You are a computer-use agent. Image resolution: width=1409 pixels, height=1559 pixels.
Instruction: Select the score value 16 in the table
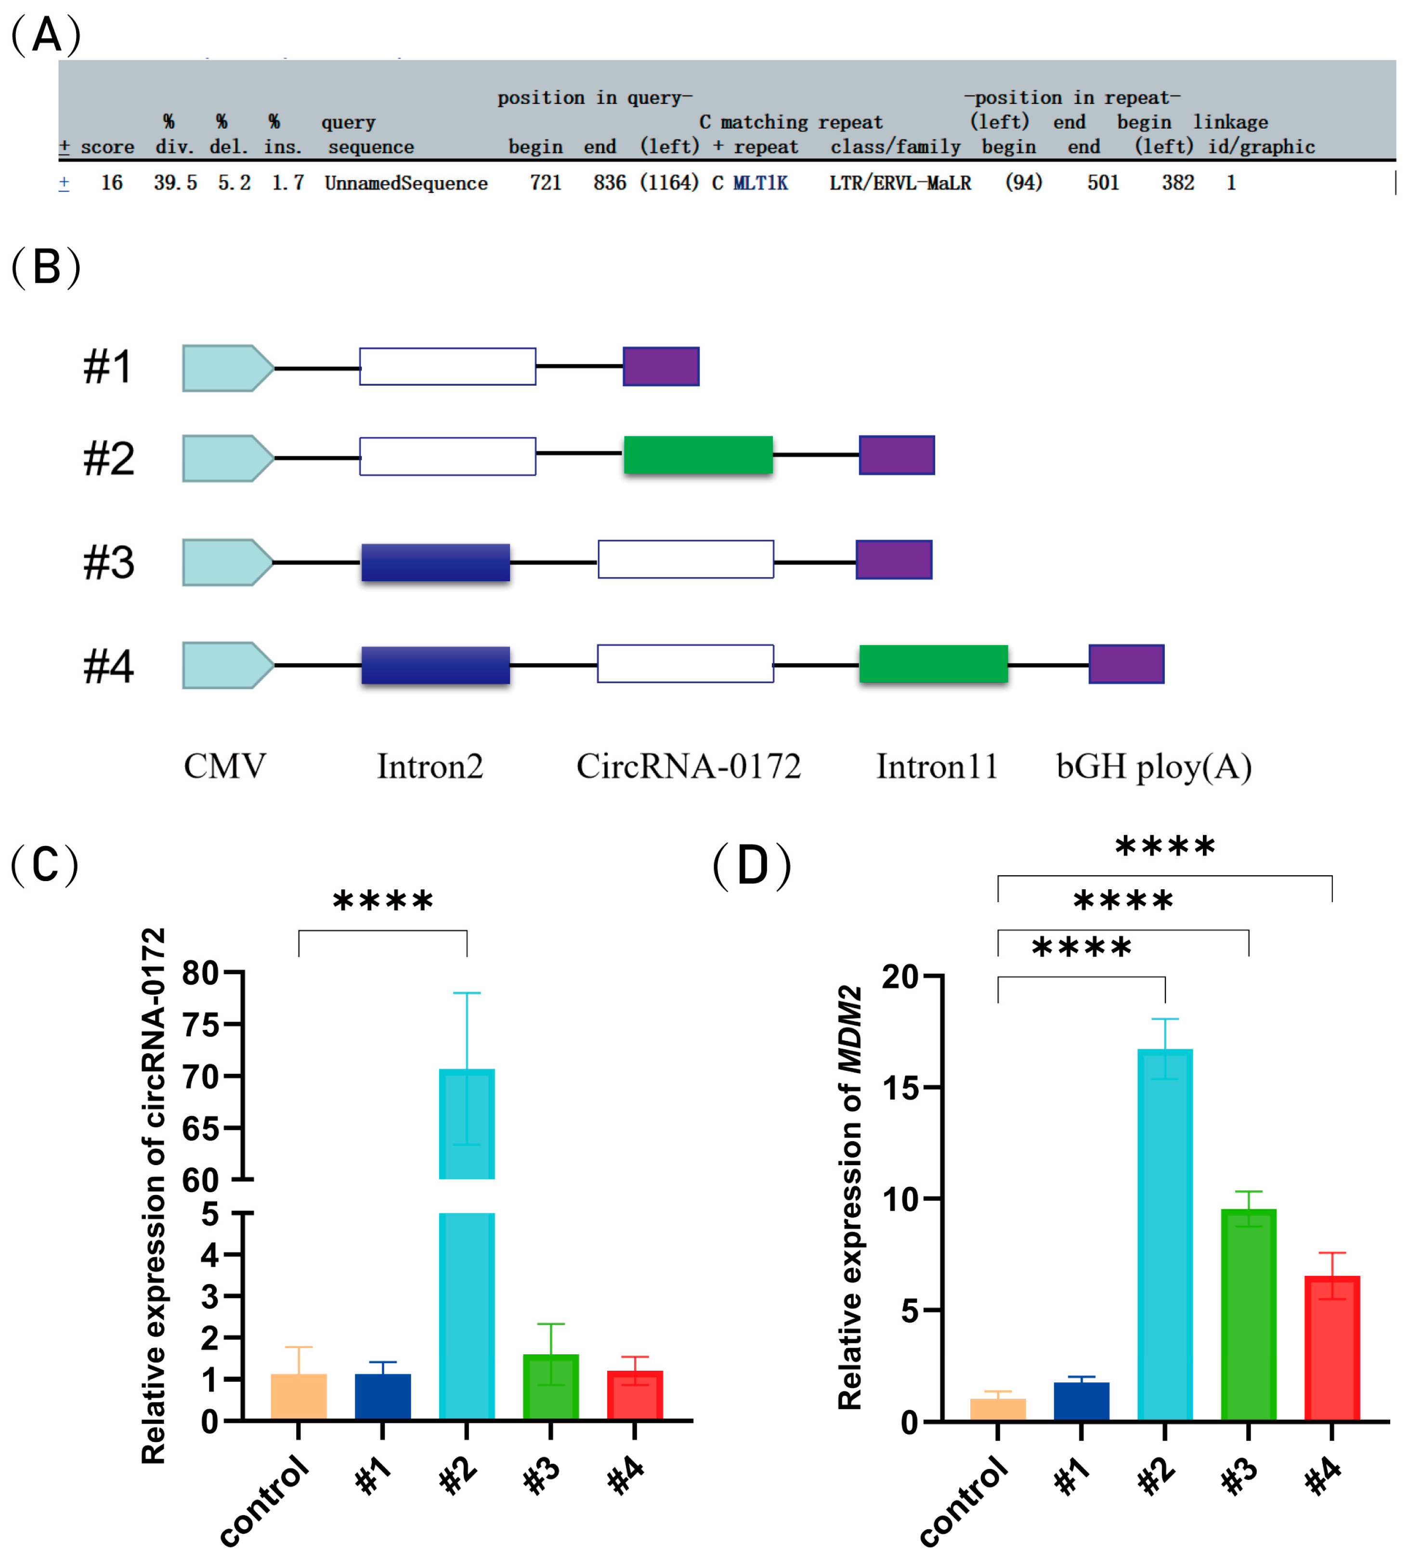pyautogui.click(x=111, y=183)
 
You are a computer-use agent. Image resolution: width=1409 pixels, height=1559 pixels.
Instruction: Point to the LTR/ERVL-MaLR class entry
pyautogui.click(x=900, y=183)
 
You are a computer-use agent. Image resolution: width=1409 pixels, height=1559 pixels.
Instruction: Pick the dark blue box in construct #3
pyautogui.click(x=435, y=562)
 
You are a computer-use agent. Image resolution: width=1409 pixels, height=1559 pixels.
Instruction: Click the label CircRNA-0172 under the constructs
pyautogui.click(x=688, y=767)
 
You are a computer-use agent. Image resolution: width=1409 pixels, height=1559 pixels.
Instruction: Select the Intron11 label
pyautogui.click(x=937, y=767)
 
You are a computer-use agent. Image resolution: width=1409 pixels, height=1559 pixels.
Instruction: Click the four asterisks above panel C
pyautogui.click(x=383, y=902)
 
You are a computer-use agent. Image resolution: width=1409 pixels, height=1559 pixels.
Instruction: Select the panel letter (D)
pyautogui.click(x=752, y=866)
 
